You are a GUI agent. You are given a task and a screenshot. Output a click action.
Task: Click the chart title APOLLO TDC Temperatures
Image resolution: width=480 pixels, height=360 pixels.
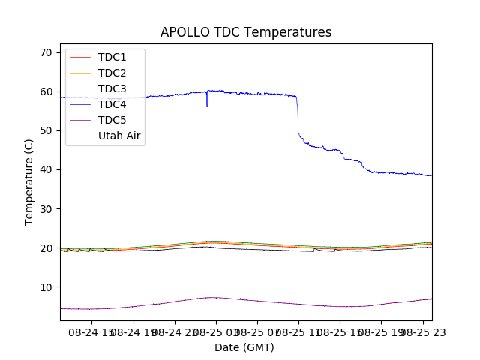point(246,33)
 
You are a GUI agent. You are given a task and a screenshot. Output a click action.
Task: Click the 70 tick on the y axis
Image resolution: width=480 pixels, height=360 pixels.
point(46,52)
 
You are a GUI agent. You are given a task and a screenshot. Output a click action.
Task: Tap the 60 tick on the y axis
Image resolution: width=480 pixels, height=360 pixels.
point(46,91)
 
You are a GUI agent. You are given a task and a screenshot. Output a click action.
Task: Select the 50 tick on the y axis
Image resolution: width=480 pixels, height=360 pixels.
point(46,130)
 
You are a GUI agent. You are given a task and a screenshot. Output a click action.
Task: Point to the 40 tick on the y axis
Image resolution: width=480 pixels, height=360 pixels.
point(46,169)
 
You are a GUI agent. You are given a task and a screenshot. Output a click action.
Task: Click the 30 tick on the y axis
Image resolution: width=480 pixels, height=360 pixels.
point(46,208)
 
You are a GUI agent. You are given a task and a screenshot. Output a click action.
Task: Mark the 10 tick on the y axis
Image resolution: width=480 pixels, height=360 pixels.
point(46,286)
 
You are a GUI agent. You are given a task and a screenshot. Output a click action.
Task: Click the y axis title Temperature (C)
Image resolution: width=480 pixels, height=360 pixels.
point(28,182)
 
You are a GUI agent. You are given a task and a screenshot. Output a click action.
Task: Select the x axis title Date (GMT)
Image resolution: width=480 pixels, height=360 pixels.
point(244,347)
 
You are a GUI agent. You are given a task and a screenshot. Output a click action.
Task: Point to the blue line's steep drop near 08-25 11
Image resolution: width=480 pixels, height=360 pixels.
point(298,116)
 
